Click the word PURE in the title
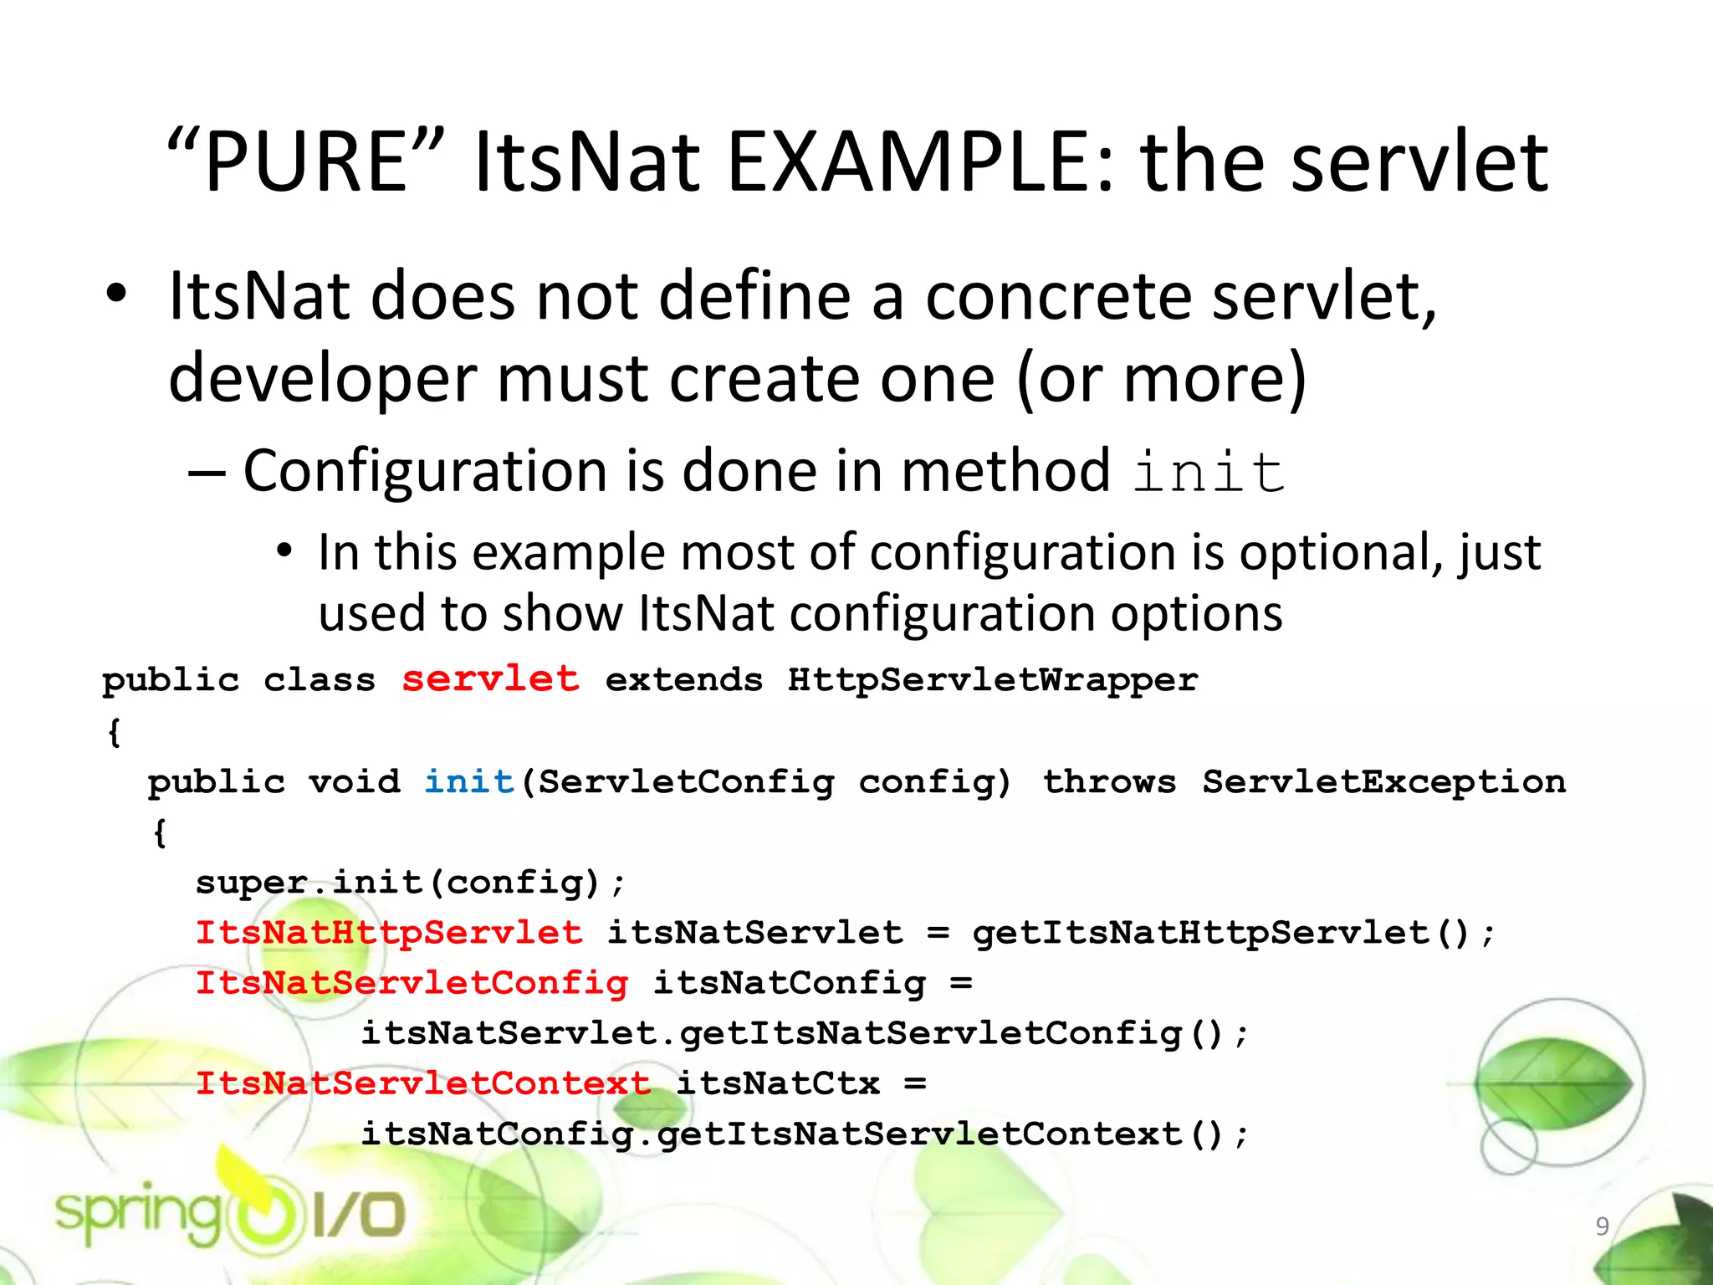point(306,162)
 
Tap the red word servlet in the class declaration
point(490,678)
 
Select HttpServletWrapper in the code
point(993,680)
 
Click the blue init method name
point(469,781)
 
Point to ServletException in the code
point(1384,781)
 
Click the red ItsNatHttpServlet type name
point(389,933)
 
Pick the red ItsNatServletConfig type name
point(412,983)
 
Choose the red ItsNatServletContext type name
point(422,1083)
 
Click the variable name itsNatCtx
point(778,1083)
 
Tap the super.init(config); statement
point(410,883)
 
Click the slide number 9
point(1602,1226)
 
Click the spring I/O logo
point(230,1213)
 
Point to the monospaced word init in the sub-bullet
point(1209,473)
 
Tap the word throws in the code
point(1109,781)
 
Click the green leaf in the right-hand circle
point(1554,1084)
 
